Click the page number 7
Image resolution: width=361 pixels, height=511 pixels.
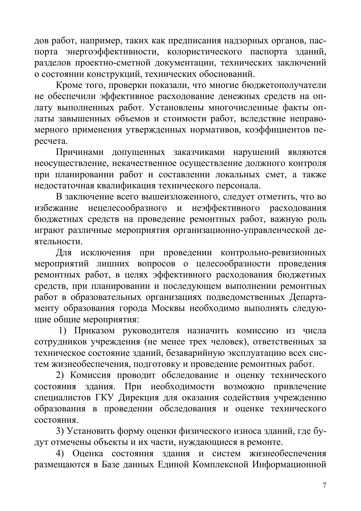pyautogui.click(x=325, y=485)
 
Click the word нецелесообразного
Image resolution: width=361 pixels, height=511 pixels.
pyautogui.click(x=127, y=208)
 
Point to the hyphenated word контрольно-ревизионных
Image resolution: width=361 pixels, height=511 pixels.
pyautogui.click(x=273, y=252)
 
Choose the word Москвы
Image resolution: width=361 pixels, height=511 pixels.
pyautogui.click(x=168, y=308)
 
